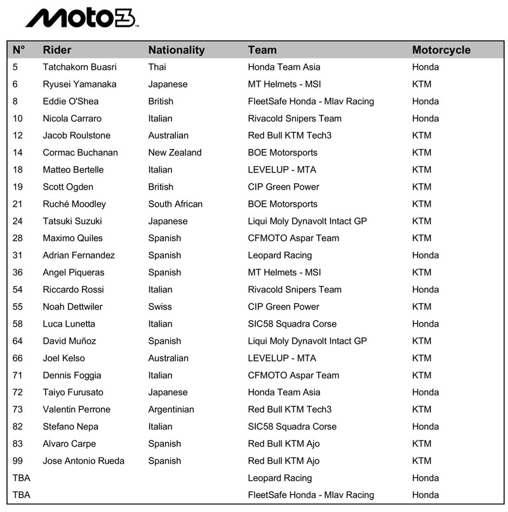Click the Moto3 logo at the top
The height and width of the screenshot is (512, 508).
pos(81,18)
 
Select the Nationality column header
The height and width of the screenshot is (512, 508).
pos(177,50)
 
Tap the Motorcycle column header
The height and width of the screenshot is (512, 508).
pos(441,50)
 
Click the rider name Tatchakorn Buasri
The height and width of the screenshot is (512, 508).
pos(79,67)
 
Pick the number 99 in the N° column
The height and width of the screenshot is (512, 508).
pos(18,461)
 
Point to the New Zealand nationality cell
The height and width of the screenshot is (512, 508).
pos(175,153)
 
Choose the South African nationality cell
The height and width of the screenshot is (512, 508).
pos(175,204)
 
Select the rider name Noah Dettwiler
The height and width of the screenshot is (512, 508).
pos(72,307)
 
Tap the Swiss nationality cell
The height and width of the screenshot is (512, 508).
pos(160,307)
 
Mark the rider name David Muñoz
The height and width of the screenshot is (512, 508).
pos(69,341)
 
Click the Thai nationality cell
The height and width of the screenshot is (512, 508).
pos(157,67)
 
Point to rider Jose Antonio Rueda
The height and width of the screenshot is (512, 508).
pos(83,461)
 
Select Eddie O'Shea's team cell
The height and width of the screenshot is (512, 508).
pos(311,102)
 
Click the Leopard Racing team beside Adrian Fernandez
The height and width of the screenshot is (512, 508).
pos(279,256)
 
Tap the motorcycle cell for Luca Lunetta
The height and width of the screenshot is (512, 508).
pos(425,324)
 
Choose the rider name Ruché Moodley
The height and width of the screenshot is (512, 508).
pos(74,204)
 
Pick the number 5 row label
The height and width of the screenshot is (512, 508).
pos(15,67)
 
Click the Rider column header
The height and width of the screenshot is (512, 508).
pos(57,50)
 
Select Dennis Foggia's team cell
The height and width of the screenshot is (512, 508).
pos(293,376)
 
